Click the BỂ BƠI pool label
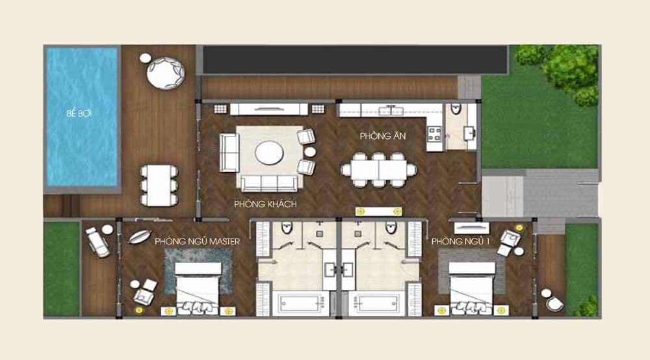pyautogui.click(x=79, y=114)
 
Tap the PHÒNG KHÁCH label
pyautogui.click(x=265, y=204)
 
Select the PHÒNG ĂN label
pyautogui.click(x=383, y=136)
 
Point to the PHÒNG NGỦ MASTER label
pyautogui.click(x=198, y=242)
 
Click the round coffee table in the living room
pyautogui.click(x=269, y=153)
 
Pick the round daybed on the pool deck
pyautogui.click(x=165, y=73)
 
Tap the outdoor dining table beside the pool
pyautogui.click(x=159, y=185)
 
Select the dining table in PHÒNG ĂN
pyautogui.click(x=378, y=170)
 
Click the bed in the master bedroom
pyautogui.click(x=198, y=288)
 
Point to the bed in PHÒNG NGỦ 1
pyautogui.click(x=471, y=288)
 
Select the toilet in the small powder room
pyautogui.click(x=456, y=108)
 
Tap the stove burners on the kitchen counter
pyautogui.click(x=434, y=135)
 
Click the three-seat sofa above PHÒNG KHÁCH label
pyautogui.click(x=269, y=183)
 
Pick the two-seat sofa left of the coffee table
pyautogui.click(x=229, y=153)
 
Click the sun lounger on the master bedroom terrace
pyautogui.click(x=98, y=242)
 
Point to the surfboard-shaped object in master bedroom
pyautogui.click(x=139, y=237)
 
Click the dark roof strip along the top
pyautogui.click(x=355, y=60)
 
